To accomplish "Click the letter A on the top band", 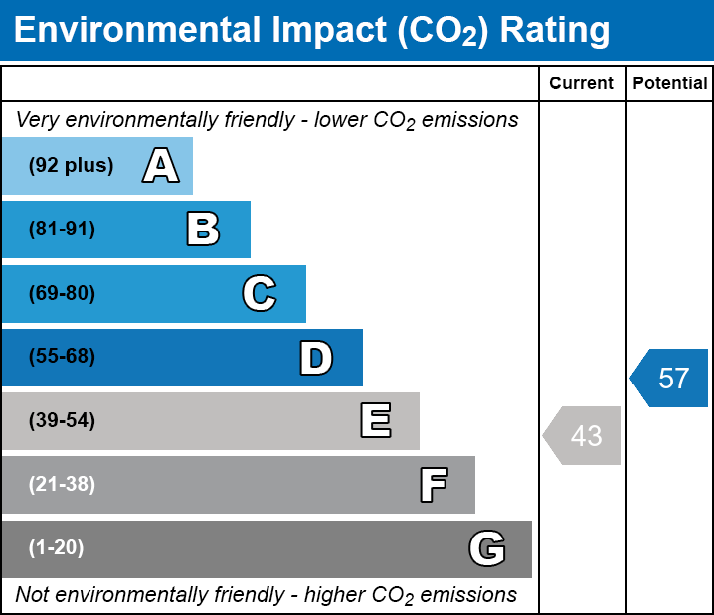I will [x=161, y=166].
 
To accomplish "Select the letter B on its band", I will [x=203, y=230].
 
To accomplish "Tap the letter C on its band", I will [x=260, y=294].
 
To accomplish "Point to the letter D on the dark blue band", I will [x=316, y=358].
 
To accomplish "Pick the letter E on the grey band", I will [x=375, y=421].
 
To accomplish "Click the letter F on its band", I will [x=433, y=485].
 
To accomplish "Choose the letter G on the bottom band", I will [x=487, y=548].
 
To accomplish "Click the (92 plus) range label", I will [x=71, y=166].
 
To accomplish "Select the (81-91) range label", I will [x=62, y=230].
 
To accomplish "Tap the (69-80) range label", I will [x=62, y=294].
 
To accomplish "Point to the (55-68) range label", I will [x=62, y=357].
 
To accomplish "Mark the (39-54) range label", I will [x=62, y=421].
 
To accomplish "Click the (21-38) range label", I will [x=62, y=485].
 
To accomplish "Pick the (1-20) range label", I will [x=57, y=548].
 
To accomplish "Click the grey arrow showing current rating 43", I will [x=584, y=435].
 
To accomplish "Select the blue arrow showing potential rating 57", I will [x=671, y=379].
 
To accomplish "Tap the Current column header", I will [x=582, y=84].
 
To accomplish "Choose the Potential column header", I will [x=670, y=84].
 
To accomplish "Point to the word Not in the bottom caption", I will [x=32, y=595].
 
